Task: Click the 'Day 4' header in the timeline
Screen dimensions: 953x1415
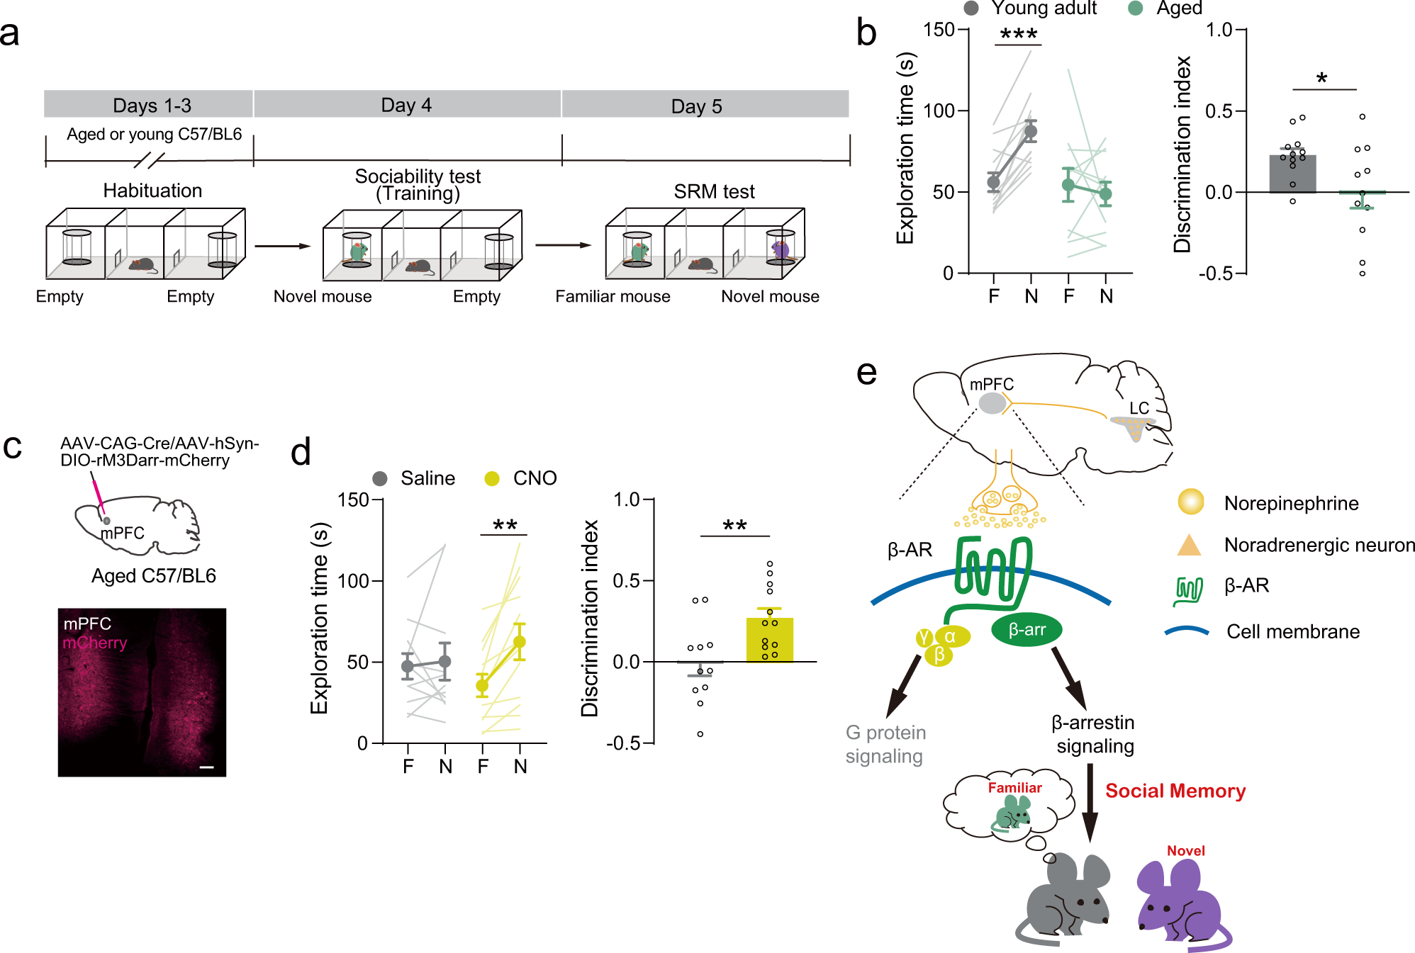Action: pyautogui.click(x=406, y=105)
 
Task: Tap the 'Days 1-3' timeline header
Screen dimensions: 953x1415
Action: pyautogui.click(x=152, y=106)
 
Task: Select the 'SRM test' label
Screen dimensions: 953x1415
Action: pyautogui.click(x=714, y=191)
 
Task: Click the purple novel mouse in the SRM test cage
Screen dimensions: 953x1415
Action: pyautogui.click(x=781, y=249)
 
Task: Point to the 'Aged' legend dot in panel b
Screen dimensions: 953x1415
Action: pyautogui.click(x=1135, y=9)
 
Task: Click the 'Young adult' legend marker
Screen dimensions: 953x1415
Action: pyautogui.click(x=971, y=9)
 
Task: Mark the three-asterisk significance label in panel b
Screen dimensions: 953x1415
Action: pyautogui.click(x=1018, y=34)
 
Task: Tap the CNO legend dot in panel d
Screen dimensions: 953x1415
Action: pyautogui.click(x=491, y=479)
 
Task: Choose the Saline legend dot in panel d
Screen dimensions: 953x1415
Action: pyautogui.click(x=380, y=479)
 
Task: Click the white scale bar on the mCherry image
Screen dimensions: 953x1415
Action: pyautogui.click(x=206, y=767)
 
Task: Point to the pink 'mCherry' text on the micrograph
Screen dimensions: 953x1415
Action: pyautogui.click(x=95, y=643)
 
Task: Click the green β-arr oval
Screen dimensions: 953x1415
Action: pyautogui.click(x=1026, y=629)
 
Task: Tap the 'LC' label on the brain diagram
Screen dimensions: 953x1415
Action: pyautogui.click(x=1139, y=408)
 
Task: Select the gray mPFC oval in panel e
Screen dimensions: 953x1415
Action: pyautogui.click(x=992, y=403)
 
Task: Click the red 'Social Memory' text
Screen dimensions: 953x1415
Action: pyautogui.click(x=1175, y=791)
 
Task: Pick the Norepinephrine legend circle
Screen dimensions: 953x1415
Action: pyautogui.click(x=1190, y=502)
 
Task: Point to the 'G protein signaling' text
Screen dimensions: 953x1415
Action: pyautogui.click(x=885, y=744)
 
